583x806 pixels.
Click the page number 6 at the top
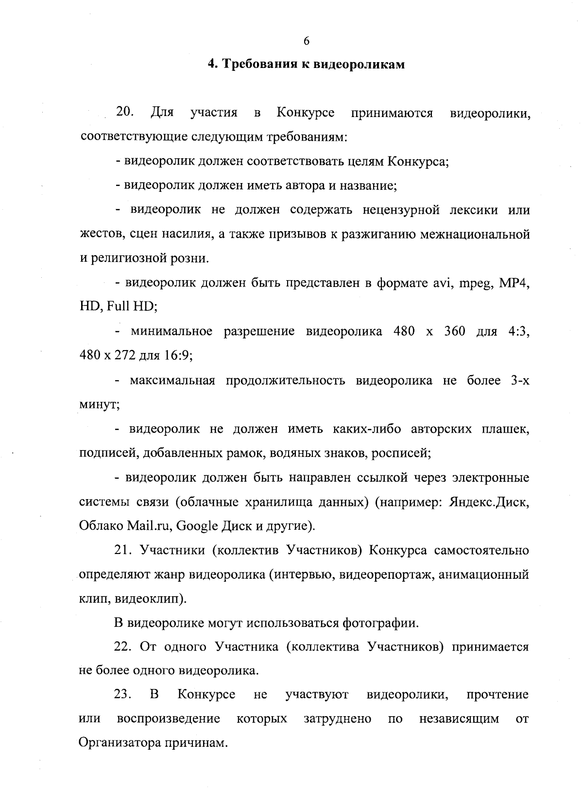[306, 41]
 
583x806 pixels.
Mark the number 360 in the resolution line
[455, 332]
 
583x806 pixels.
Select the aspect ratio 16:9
[179, 356]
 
